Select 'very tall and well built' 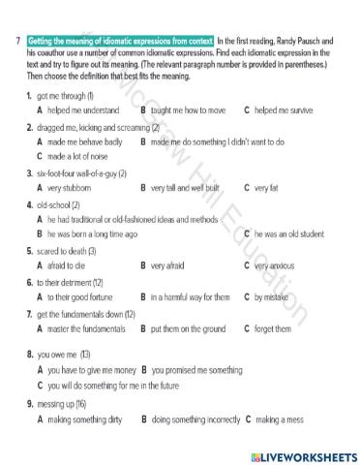(189, 187)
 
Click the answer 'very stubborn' (73, 187)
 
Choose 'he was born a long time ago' (92, 233)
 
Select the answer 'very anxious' (282, 264)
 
